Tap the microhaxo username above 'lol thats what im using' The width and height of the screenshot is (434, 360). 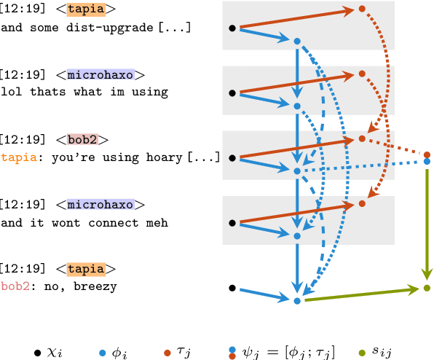tap(100, 74)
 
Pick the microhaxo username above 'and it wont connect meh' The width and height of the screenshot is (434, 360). tap(100, 204)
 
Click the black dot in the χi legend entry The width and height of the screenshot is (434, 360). tap(37, 353)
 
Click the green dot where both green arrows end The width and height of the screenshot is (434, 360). tap(427, 289)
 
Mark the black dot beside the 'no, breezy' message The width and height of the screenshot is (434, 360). tap(232, 288)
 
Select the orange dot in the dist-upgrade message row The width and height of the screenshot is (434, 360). tap(361, 9)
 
